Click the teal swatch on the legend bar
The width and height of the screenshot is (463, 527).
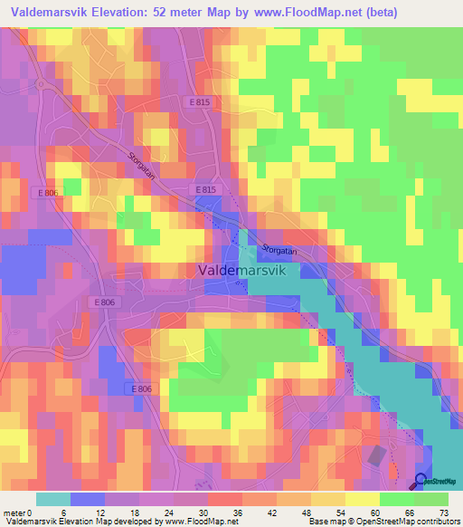[x=53, y=499]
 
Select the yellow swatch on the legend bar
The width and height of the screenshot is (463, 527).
[x=363, y=499]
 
